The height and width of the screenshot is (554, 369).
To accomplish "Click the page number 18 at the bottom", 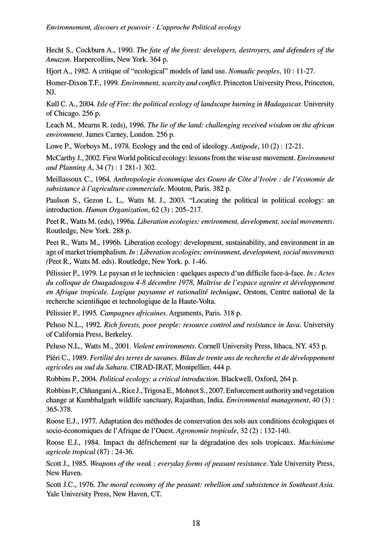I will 196,523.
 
